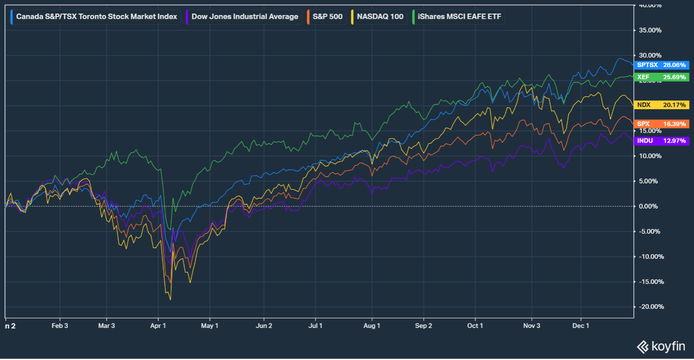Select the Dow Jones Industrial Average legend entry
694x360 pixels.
(x=244, y=16)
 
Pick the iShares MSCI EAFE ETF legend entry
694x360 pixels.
(x=458, y=16)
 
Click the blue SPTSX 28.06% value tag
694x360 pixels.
(x=661, y=65)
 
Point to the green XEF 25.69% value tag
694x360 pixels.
(x=661, y=77)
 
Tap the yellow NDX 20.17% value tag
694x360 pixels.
(x=661, y=105)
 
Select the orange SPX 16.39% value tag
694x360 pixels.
(x=661, y=124)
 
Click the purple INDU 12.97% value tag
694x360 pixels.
(x=661, y=141)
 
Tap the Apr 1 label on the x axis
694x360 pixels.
(x=158, y=326)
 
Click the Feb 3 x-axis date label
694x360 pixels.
(x=60, y=326)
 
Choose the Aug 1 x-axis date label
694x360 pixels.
(x=372, y=326)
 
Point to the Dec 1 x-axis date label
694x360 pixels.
(x=581, y=326)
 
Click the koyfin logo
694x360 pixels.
(x=661, y=346)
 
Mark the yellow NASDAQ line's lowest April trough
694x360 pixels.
(x=170, y=300)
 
